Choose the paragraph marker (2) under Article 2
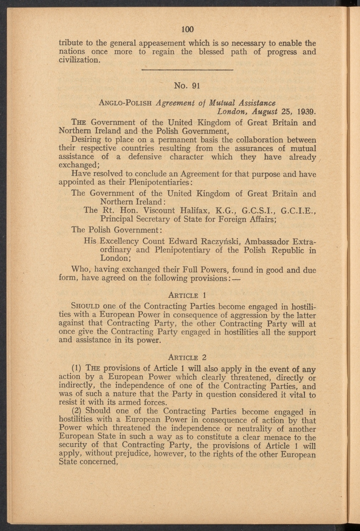tap(77, 411)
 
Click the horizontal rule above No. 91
tap(187, 70)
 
